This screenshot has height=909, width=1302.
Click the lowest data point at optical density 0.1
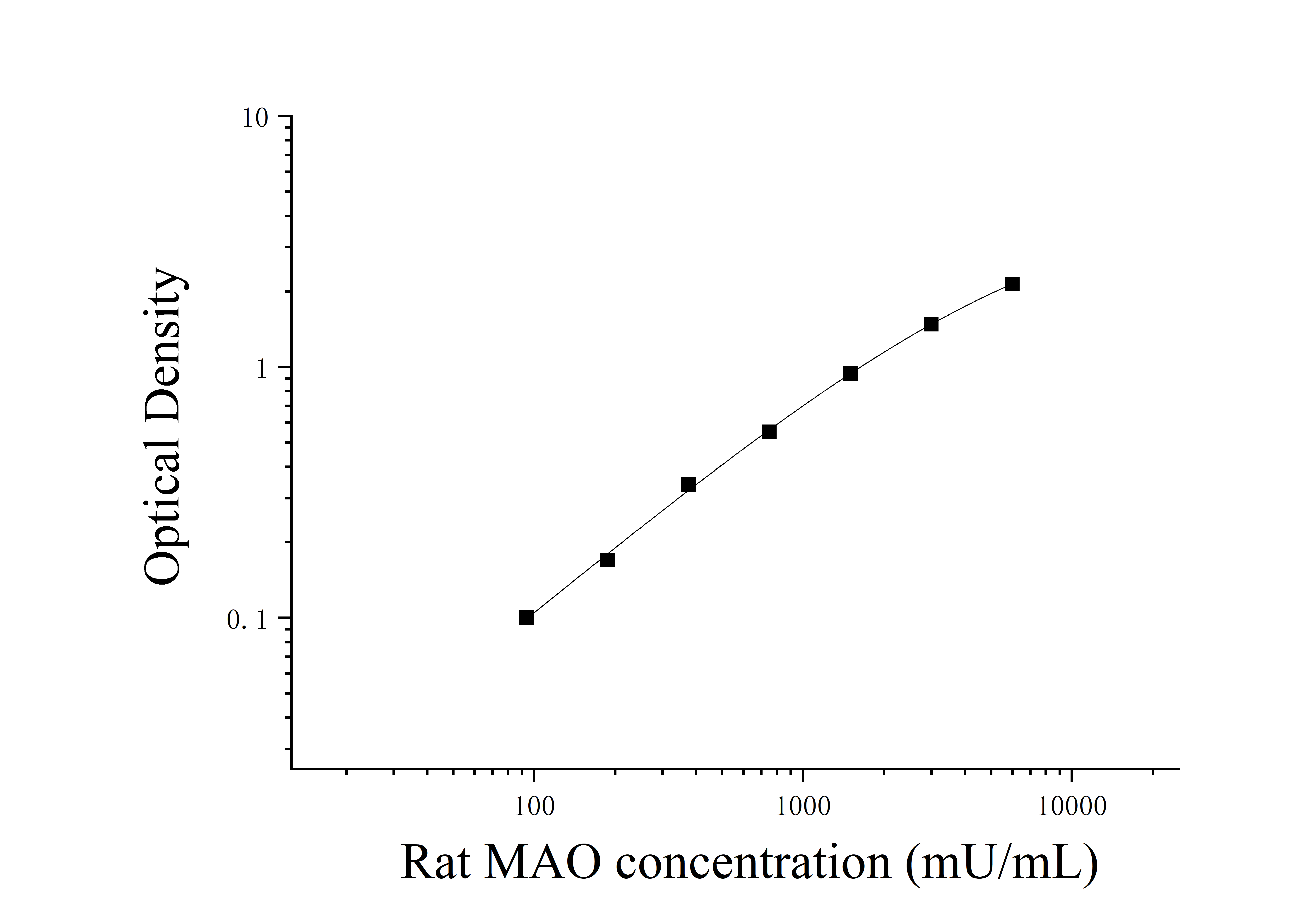pos(526,618)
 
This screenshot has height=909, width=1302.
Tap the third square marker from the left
pos(688,484)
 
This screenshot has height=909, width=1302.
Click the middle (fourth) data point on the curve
pos(769,432)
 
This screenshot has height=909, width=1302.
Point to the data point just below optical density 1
pos(850,374)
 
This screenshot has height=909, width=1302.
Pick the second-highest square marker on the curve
pos(931,324)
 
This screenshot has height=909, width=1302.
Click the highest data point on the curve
pos(1012,284)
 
